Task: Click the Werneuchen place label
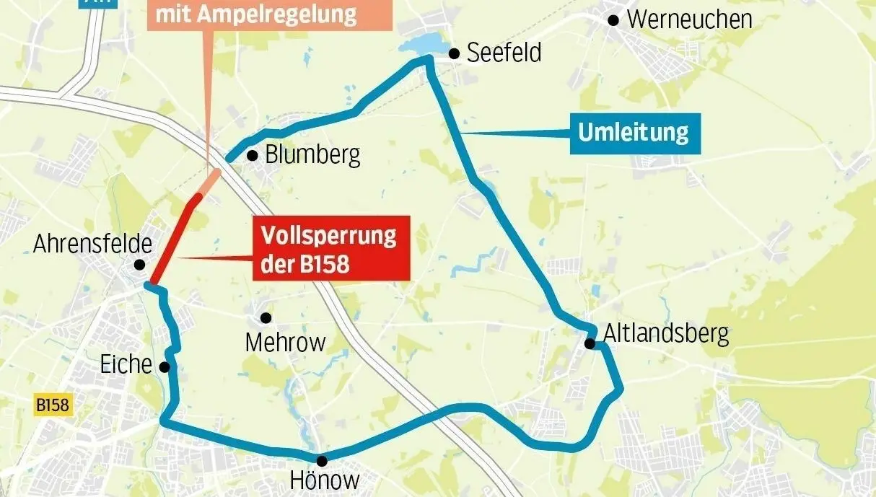(689, 19)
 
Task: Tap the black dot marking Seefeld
(455, 53)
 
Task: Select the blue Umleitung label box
(634, 133)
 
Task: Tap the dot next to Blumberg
(252, 155)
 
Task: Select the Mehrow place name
(285, 342)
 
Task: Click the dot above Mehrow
(266, 317)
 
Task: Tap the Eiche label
(126, 366)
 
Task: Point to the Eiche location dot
(165, 366)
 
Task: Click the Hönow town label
(324, 480)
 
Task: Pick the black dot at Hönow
(322, 460)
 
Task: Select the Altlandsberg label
(665, 333)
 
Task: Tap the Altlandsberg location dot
(590, 343)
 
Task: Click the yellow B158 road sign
(53, 405)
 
